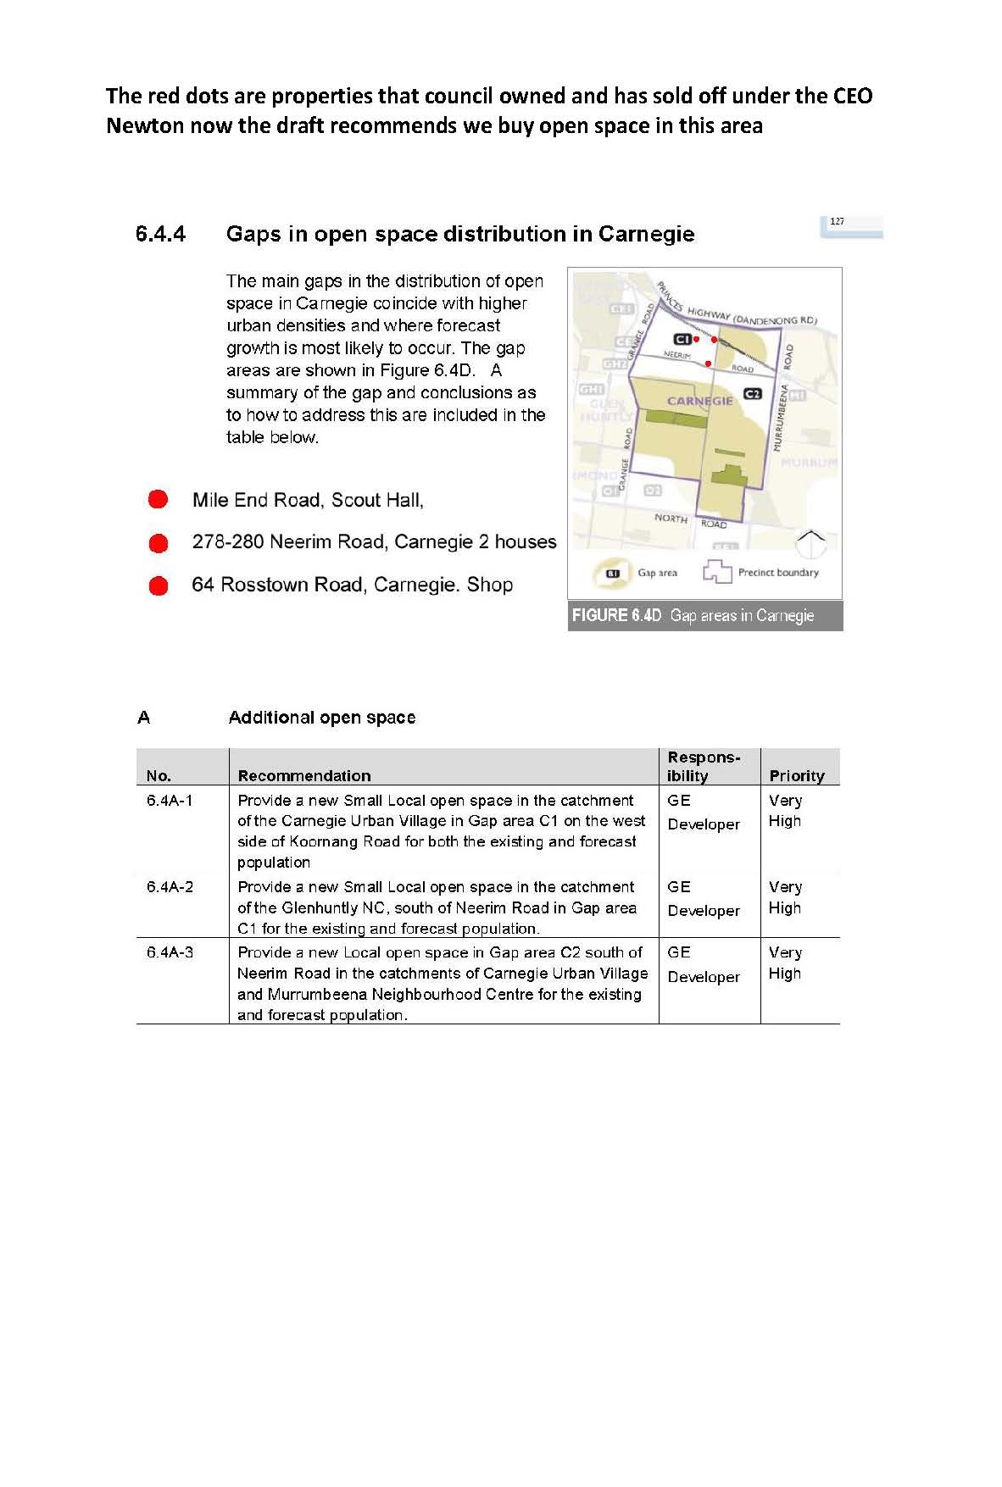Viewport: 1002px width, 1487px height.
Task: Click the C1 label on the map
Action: click(x=682, y=340)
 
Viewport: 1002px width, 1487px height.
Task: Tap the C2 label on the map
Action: click(x=752, y=394)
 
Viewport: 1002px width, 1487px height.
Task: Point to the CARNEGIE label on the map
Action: click(x=699, y=401)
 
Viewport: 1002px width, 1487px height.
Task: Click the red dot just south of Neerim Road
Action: click(x=709, y=363)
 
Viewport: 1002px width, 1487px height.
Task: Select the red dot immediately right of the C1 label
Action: click(x=697, y=339)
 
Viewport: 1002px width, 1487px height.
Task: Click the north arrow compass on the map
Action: click(x=811, y=543)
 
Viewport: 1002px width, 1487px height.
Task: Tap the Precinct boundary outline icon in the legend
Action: click(x=716, y=572)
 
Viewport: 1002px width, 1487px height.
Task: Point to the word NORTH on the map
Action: click(x=671, y=518)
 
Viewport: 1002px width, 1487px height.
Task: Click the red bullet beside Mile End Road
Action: click(x=159, y=499)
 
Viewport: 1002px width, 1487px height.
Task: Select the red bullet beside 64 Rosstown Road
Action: click(x=159, y=585)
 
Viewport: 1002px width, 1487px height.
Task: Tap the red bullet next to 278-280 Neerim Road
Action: click(x=159, y=542)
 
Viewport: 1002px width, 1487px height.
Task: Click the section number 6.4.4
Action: click(x=160, y=234)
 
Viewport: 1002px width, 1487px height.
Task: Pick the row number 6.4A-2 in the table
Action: click(x=170, y=887)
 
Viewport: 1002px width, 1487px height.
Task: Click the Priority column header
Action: click(x=796, y=775)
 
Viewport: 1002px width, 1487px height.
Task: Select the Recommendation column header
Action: click(x=304, y=775)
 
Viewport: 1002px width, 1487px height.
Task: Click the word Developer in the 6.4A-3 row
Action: click(x=704, y=977)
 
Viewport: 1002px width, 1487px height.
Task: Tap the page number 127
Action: click(x=837, y=222)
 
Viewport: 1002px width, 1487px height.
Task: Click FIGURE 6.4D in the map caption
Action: click(x=616, y=616)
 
